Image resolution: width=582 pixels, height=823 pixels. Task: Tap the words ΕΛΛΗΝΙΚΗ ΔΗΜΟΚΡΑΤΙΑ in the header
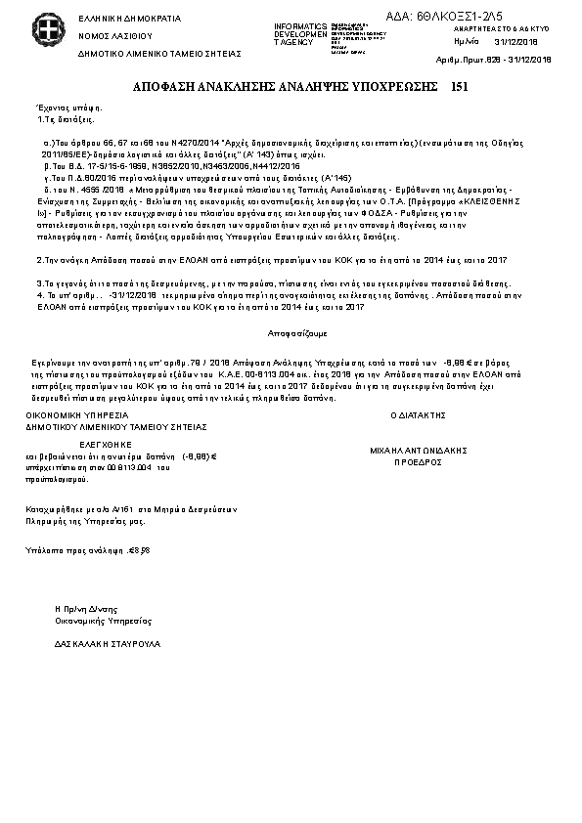point(115,19)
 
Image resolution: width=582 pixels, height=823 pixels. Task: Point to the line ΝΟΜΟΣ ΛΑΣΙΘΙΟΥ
point(108,35)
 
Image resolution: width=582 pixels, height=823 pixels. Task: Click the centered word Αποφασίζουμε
point(291,333)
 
